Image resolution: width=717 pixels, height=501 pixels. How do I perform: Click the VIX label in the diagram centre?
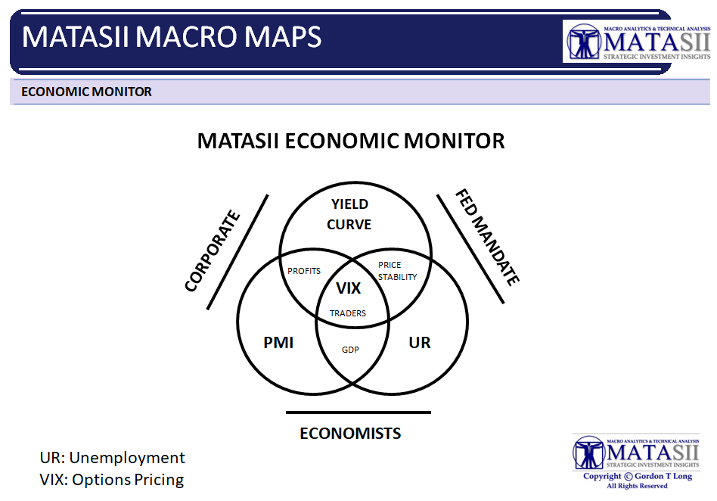click(x=349, y=288)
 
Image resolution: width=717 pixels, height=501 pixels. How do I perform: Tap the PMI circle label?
click(x=278, y=343)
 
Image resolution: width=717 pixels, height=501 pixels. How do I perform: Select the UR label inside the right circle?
click(x=419, y=343)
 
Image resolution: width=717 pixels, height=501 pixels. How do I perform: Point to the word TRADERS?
click(x=348, y=313)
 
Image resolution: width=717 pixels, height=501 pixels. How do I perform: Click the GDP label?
click(x=350, y=350)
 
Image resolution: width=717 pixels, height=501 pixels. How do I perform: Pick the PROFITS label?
click(x=304, y=271)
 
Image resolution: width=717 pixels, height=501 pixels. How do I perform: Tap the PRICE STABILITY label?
click(x=397, y=271)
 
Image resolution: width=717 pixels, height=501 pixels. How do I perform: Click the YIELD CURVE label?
click(x=349, y=214)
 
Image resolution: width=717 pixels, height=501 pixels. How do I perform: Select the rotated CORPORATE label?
click(x=213, y=250)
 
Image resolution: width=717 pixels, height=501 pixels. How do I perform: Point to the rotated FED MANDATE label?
click(x=487, y=237)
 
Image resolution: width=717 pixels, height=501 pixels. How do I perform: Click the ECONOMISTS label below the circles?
click(x=350, y=434)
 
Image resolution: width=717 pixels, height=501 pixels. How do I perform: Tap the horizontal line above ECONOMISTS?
click(x=358, y=412)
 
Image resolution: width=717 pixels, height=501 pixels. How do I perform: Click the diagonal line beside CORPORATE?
click(x=237, y=252)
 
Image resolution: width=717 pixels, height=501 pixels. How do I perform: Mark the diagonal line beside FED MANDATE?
click(x=470, y=249)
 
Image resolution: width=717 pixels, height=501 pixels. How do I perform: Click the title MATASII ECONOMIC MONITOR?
click(x=351, y=141)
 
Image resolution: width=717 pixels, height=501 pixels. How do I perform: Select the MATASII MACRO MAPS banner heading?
click(x=172, y=36)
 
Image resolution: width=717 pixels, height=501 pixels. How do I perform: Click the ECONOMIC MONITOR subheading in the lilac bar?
click(x=86, y=92)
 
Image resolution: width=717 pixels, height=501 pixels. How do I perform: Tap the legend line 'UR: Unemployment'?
click(x=112, y=458)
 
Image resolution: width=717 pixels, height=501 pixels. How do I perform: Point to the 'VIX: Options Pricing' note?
click(x=112, y=480)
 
